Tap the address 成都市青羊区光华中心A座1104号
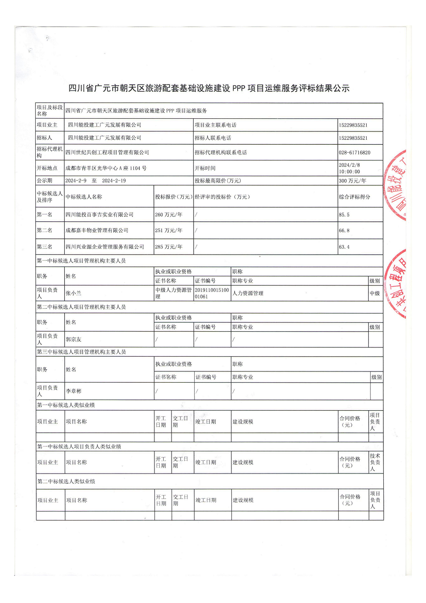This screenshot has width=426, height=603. pos(106,168)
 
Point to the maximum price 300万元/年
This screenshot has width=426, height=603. pos(352,181)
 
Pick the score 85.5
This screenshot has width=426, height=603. pos(344,214)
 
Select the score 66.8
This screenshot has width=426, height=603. pos(344,230)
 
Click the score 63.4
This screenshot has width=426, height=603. pos(344,246)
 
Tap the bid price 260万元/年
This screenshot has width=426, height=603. pos(169,214)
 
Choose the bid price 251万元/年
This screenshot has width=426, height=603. pos(169,230)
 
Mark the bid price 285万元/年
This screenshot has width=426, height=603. pos(169,246)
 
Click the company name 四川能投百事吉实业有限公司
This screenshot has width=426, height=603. pos(100,214)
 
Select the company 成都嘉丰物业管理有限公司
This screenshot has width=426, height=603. pos(97,230)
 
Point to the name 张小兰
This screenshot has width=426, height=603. pos(74,293)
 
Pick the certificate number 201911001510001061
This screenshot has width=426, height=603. pos(211,293)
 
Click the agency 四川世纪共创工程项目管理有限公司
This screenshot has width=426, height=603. pos(107,153)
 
